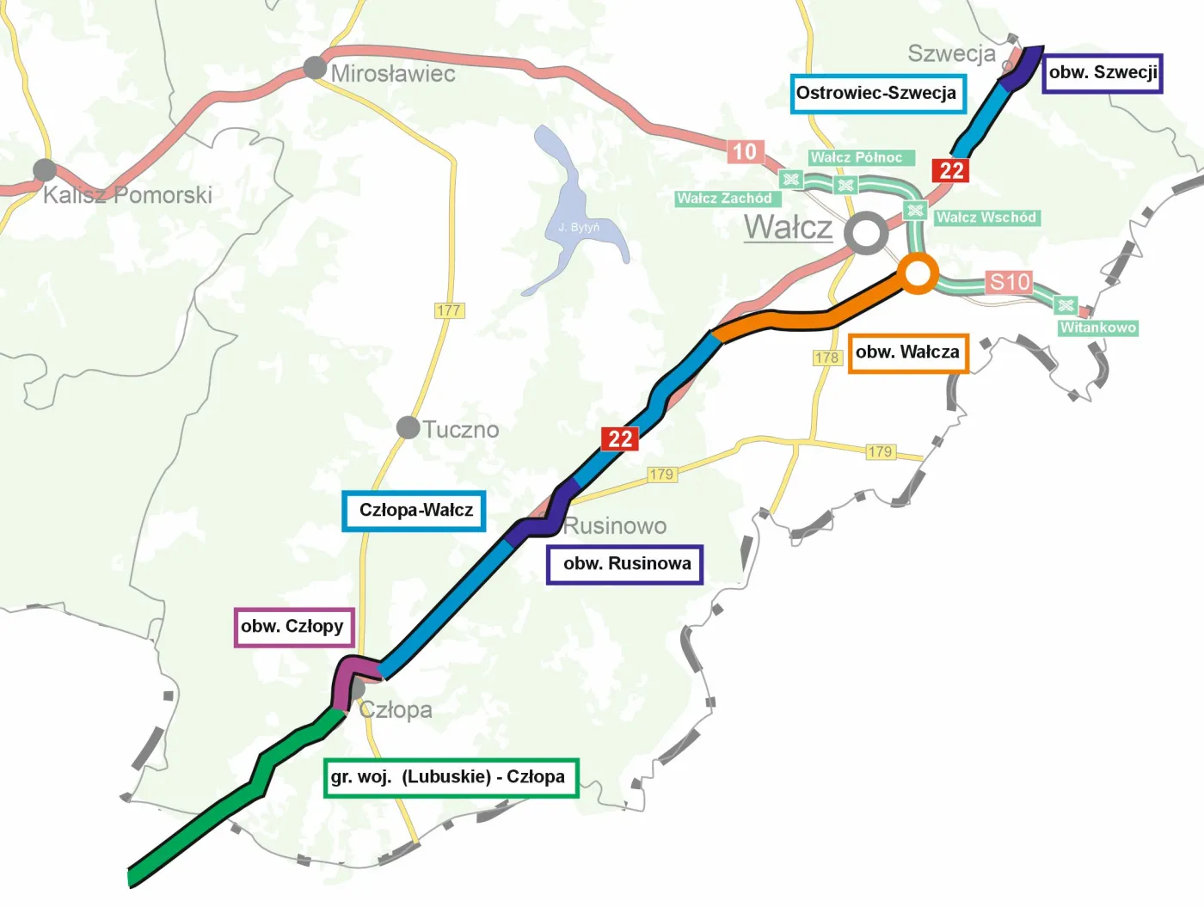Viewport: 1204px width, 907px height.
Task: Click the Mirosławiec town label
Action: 393,74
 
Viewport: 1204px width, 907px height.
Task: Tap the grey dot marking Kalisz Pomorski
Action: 45,170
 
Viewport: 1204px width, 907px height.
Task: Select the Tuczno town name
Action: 460,429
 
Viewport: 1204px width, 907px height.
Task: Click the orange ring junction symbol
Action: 918,274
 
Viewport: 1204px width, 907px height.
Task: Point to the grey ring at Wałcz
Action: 865,233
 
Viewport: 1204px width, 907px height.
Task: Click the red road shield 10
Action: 744,152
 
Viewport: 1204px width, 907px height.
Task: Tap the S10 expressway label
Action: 1009,282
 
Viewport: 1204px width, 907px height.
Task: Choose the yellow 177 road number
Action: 449,310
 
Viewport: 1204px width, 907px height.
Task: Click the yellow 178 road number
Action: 826,358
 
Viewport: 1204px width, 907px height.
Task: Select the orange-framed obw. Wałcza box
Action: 908,352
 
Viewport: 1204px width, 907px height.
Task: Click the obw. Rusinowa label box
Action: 625,564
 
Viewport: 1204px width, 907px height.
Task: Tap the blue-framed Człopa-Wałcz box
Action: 415,511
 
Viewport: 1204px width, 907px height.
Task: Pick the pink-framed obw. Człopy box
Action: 293,627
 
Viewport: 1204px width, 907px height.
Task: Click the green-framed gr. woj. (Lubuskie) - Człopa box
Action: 450,777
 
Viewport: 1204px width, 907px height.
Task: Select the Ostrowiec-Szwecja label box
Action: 877,94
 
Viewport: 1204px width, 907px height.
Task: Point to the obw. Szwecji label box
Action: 1103,73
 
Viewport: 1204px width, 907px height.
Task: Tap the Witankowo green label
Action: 1097,328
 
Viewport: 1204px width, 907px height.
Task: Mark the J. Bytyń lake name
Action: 579,227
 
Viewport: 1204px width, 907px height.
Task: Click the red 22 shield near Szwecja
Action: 951,170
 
